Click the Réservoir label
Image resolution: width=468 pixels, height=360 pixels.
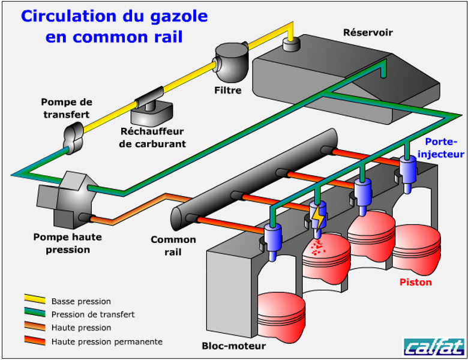pos(367,32)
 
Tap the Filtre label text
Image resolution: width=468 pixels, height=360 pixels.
pos(228,91)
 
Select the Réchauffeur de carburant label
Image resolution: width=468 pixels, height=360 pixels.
pos(152,137)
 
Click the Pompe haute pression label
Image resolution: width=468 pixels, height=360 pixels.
pos(67,243)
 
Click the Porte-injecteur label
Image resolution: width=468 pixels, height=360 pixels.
pos(441,148)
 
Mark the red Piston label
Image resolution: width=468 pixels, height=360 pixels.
pos(416,281)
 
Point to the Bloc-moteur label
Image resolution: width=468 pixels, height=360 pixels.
pos(234,346)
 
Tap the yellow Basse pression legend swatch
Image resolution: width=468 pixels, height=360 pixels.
pos(35,299)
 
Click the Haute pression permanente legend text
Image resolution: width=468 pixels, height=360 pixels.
pos(107,341)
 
